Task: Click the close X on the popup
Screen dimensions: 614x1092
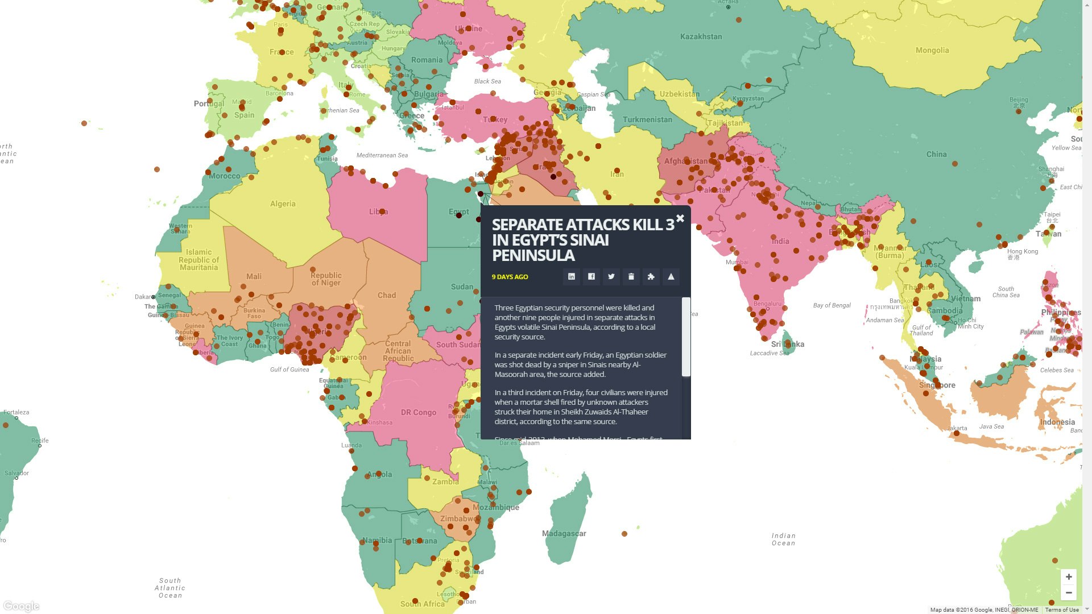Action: [x=680, y=218]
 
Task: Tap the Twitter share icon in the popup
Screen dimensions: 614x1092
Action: [x=611, y=277]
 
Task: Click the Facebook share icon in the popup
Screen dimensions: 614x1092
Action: [x=591, y=277]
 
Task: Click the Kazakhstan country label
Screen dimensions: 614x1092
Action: [x=701, y=36]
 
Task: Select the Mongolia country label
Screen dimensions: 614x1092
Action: [x=932, y=51]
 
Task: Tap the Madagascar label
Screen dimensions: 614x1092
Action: [x=564, y=533]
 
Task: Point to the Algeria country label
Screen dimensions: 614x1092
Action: [x=283, y=204]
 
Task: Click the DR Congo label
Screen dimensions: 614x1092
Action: [x=418, y=412]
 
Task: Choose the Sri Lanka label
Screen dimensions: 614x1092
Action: [x=787, y=344]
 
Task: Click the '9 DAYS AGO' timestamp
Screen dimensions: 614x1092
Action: [x=510, y=277]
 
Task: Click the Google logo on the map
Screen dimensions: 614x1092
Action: [x=21, y=606]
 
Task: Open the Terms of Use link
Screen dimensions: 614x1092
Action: [x=1061, y=610]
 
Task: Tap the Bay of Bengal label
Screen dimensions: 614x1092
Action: [x=832, y=305]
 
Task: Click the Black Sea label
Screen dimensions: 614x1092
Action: [x=487, y=81]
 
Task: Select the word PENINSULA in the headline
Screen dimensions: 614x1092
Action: [x=533, y=256]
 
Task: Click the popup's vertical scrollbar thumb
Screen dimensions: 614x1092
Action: [x=686, y=337]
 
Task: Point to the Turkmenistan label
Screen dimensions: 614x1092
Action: [x=647, y=119]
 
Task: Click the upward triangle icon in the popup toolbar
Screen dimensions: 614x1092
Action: [x=671, y=277]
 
